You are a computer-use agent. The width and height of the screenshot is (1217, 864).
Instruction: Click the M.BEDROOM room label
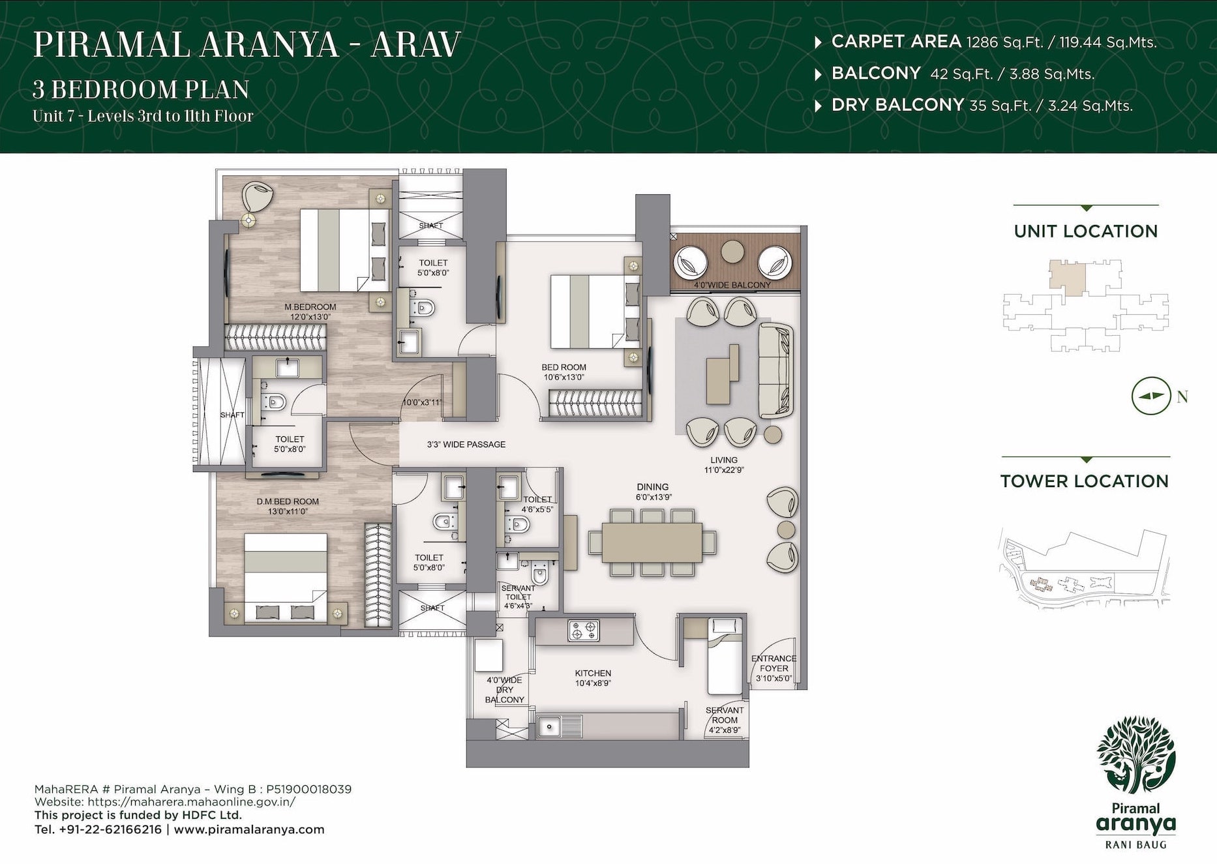(310, 307)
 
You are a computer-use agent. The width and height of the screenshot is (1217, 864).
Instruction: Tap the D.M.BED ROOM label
(287, 502)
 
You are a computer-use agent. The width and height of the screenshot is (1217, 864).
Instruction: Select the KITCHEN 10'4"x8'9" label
(593, 678)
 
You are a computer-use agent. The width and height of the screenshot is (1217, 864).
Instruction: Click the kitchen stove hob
(583, 631)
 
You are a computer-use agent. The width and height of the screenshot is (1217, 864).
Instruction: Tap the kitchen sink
(550, 726)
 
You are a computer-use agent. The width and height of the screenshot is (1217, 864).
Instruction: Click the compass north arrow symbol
(1150, 396)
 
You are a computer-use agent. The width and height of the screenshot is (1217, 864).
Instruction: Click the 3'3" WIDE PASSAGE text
(466, 445)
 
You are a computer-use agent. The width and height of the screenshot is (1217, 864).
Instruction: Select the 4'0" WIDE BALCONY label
(732, 285)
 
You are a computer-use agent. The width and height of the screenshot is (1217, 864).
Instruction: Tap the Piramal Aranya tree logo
(1135, 754)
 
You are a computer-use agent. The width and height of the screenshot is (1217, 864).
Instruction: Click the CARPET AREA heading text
(895, 42)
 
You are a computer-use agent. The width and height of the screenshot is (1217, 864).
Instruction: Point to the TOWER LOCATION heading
(1084, 481)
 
